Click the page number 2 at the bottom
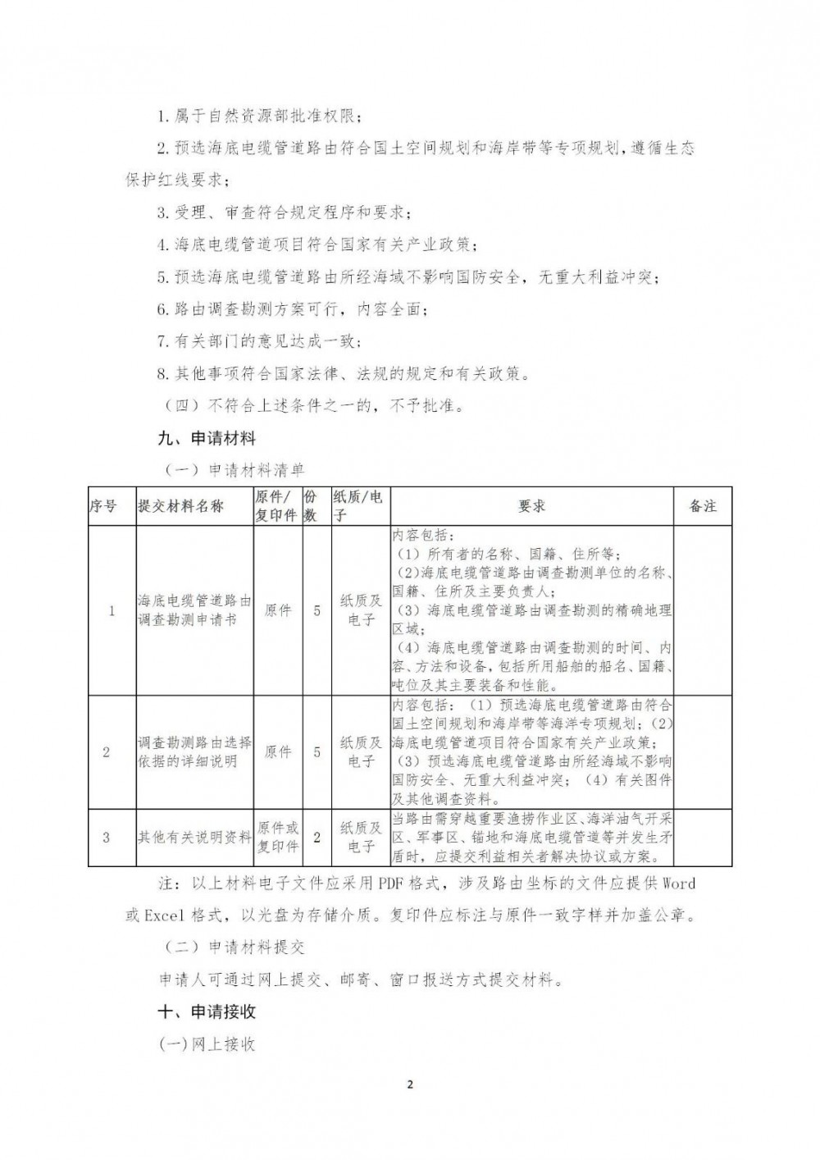tap(410, 1085)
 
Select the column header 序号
tap(103, 506)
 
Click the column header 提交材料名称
tap(181, 506)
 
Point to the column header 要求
tap(531, 506)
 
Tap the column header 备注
tap(703, 506)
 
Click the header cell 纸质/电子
tap(358, 506)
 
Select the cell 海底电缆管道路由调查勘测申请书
tap(194, 610)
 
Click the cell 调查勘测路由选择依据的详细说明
tap(194, 751)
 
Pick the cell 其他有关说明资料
tap(194, 837)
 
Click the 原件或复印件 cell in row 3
tap(278, 837)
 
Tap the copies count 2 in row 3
tap(317, 837)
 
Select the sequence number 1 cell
tap(112, 610)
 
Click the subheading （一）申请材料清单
tap(235, 470)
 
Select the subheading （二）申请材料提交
tap(235, 947)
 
